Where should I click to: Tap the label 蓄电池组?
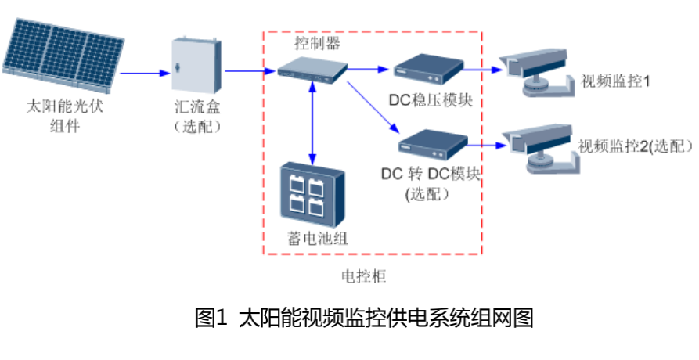coord(314,239)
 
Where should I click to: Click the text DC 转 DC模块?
coord(430,173)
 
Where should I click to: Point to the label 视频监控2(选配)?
coord(635,146)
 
